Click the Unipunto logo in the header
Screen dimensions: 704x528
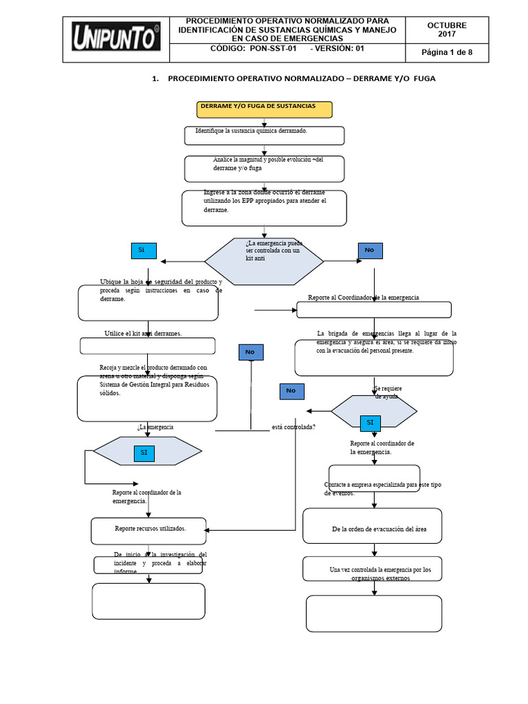tap(115, 38)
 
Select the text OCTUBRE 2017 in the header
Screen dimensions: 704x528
tap(446, 30)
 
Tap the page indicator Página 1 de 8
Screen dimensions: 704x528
tap(446, 53)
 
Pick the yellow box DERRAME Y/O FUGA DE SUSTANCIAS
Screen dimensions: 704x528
tap(264, 109)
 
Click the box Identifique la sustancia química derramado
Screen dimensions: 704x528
tap(264, 135)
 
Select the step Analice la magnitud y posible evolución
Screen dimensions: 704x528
tap(264, 167)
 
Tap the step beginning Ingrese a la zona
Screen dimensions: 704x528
tap(264, 207)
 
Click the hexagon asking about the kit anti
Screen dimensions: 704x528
tap(264, 261)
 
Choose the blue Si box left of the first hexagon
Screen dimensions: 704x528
tap(144, 251)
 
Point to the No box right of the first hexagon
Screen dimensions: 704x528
tap(369, 250)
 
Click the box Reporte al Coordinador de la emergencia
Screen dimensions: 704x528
tap(373, 309)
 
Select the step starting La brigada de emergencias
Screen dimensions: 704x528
tap(373, 356)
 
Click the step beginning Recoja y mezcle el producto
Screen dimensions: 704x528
tap(147, 397)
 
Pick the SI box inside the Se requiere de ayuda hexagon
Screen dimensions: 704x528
tap(370, 422)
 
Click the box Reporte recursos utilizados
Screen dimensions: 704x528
tap(148, 530)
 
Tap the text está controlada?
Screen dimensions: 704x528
tap(294, 427)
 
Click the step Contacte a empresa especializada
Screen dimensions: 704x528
tap(374, 478)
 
